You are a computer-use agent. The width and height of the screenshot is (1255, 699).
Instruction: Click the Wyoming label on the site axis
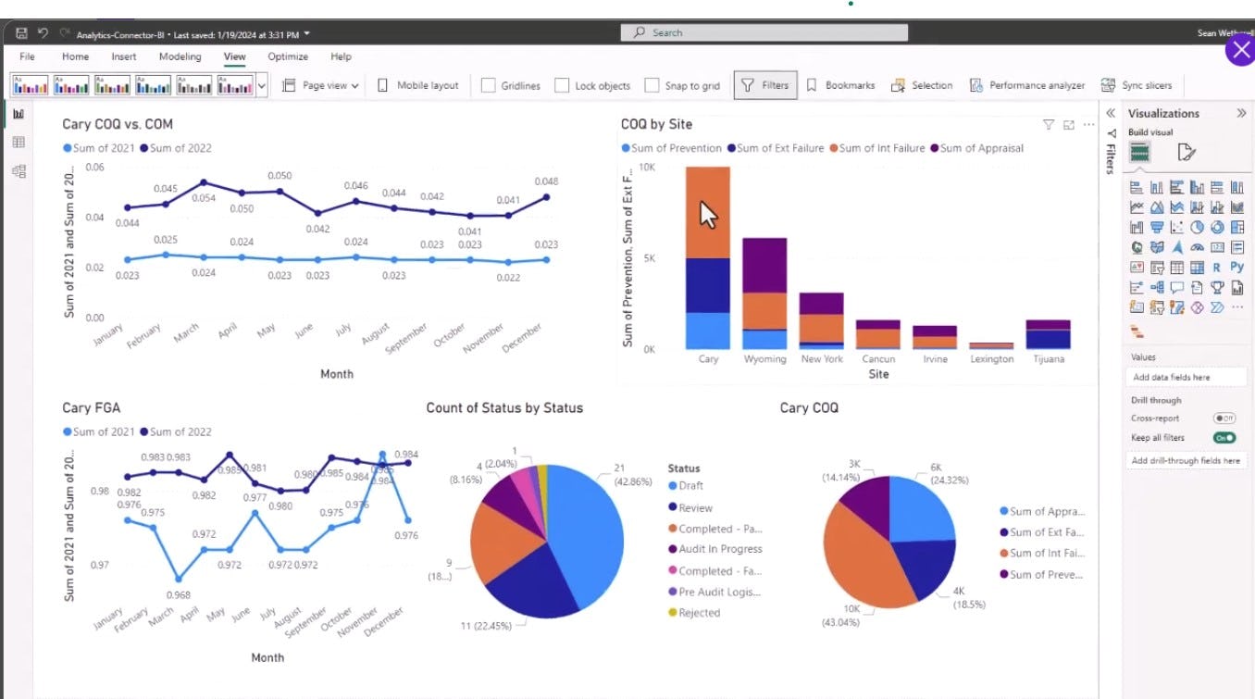pos(764,359)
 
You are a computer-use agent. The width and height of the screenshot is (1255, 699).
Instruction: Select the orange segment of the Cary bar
pos(708,212)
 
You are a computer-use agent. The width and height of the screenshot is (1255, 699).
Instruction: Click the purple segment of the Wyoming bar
pos(764,265)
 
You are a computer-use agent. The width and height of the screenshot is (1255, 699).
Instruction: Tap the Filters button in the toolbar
pos(764,85)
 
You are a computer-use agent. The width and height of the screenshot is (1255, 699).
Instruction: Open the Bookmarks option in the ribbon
pos(840,85)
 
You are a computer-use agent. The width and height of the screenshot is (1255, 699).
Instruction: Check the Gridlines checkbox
pos(489,86)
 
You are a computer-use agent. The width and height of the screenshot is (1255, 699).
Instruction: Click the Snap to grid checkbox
pos(652,86)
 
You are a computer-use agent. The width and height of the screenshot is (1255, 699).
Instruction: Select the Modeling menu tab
pos(180,56)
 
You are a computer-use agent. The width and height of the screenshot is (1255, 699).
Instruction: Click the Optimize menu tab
pos(288,56)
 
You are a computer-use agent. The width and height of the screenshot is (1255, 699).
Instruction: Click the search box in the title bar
pos(764,32)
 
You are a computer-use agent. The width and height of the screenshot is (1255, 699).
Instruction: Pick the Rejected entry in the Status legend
pos(699,613)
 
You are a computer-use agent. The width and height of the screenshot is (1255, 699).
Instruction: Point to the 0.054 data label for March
pos(204,198)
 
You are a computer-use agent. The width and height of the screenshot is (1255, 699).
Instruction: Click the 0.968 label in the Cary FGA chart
pos(180,594)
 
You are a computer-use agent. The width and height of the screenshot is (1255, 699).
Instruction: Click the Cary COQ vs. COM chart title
pos(118,124)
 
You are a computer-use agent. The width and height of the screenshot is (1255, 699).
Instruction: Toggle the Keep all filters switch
pos(1224,437)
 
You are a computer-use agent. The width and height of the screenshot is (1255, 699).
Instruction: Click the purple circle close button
pos(1240,50)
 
